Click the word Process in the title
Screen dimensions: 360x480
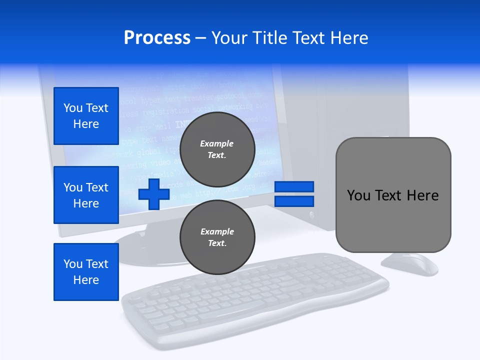[x=157, y=38]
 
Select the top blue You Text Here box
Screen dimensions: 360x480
[x=86, y=116]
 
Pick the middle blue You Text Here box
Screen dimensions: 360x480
[x=86, y=195]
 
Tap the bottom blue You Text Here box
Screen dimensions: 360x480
[x=86, y=272]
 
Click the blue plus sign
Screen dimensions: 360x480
[x=154, y=194]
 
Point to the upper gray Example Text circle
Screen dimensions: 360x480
[x=217, y=149]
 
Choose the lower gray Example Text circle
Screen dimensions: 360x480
[x=217, y=237]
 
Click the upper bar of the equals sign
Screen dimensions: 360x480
[x=294, y=186]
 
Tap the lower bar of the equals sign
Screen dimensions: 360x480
[x=294, y=201]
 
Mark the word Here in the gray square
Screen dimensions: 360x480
[x=422, y=195]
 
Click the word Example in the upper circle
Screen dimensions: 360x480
[x=217, y=143]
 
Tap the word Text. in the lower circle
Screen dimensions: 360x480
[x=217, y=243]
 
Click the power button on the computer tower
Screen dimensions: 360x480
[x=312, y=215]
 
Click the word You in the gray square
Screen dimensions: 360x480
[x=358, y=195]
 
